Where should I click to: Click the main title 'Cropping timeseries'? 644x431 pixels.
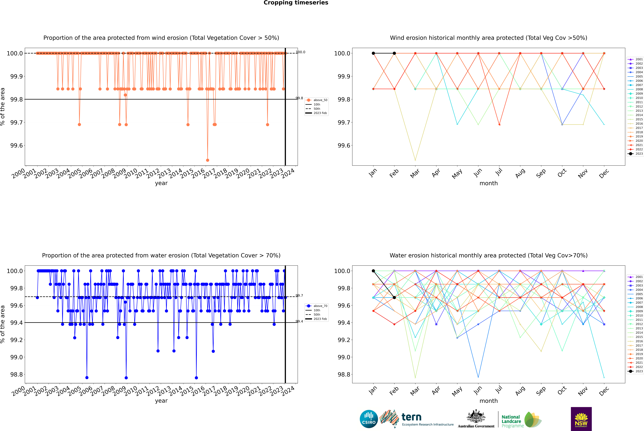tap(296, 3)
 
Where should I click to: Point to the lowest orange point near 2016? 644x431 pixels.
tap(208, 160)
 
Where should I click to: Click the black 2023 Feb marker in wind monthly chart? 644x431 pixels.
tap(394, 53)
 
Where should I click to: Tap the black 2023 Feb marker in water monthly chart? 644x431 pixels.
tap(394, 297)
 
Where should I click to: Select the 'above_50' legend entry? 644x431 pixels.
tap(320, 100)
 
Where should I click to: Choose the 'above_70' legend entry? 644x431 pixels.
tap(320, 306)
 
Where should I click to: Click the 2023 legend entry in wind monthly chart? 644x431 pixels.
tap(639, 154)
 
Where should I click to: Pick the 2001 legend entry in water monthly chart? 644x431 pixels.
tap(639, 277)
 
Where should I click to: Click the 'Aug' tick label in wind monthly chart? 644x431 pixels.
tap(520, 173)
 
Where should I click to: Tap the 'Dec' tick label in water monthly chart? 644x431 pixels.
tap(604, 391)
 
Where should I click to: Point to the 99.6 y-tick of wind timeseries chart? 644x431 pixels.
tap(16, 145)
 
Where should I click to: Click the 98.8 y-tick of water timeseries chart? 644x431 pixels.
tap(16, 374)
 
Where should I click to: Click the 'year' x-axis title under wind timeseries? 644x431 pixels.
tap(161, 183)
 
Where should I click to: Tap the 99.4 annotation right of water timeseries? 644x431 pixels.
tap(299, 321)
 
